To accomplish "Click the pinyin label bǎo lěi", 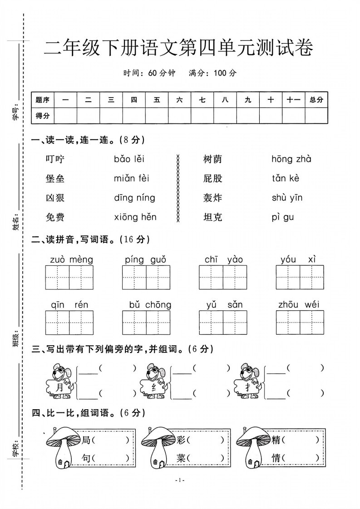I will coord(129,159).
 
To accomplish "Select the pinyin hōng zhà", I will coord(291,159).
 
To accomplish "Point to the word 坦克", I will coord(213,217).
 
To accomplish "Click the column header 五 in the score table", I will coord(157,100).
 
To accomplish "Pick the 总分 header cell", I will coord(316,100).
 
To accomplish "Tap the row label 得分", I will coord(43,116).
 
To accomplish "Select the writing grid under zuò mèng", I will coord(69,277).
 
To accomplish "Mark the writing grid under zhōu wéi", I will coord(300,323).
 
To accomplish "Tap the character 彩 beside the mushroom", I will coord(182,440).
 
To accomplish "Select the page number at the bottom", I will coord(180,480).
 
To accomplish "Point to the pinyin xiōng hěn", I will coord(135,217).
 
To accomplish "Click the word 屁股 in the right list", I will coord(213,178).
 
